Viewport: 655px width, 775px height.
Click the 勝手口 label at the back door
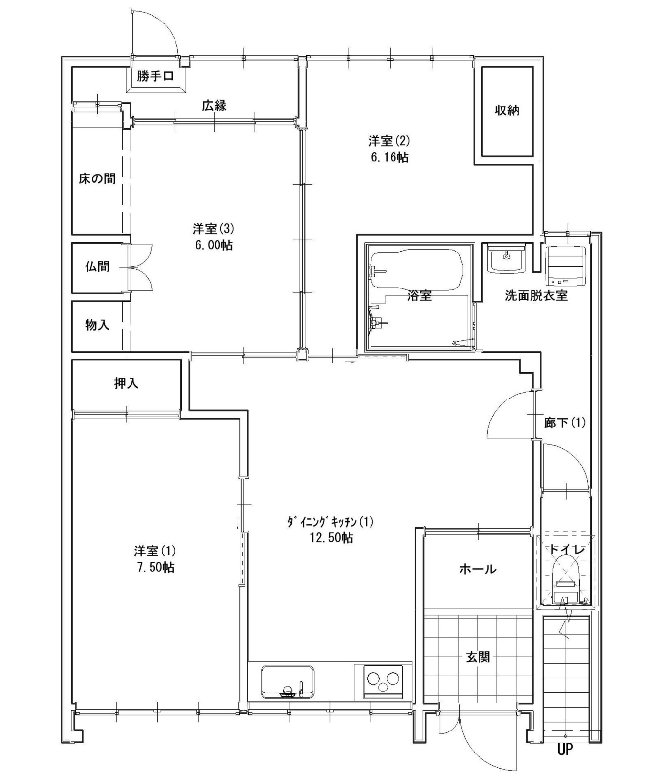click(x=155, y=76)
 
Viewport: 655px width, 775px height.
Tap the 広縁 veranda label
click(x=214, y=105)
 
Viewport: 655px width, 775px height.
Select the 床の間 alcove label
click(x=97, y=178)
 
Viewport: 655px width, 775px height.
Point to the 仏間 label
click(x=97, y=266)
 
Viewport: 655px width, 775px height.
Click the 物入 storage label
click(x=97, y=325)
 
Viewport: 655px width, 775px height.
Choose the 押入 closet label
click(x=126, y=384)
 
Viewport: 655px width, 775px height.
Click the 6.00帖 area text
click(x=214, y=245)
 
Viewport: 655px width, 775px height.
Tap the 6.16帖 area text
click(x=389, y=157)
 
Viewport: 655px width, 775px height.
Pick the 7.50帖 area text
click(x=155, y=567)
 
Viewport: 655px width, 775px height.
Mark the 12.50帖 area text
click(x=331, y=538)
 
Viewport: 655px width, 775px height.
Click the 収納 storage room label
click(x=507, y=111)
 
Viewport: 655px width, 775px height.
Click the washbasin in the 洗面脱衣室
click(x=507, y=258)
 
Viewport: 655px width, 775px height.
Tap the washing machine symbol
click(x=566, y=266)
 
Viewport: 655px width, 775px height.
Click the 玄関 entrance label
click(x=478, y=657)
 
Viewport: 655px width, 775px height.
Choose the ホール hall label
click(x=478, y=569)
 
